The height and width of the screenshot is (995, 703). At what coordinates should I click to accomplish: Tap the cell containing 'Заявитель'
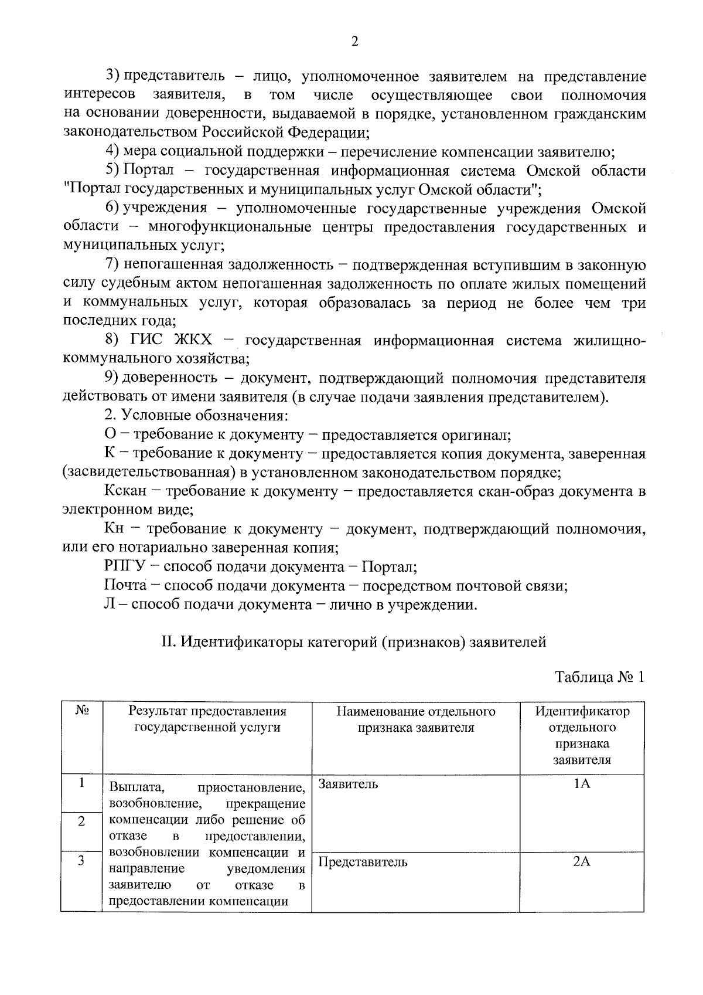[x=348, y=784]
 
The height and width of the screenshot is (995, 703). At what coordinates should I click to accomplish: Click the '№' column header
[x=81, y=711]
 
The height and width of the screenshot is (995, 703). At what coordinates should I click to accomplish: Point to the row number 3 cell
[x=81, y=861]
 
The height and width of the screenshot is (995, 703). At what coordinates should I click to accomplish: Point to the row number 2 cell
[x=81, y=821]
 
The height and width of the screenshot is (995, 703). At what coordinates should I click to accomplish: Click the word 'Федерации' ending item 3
[x=324, y=133]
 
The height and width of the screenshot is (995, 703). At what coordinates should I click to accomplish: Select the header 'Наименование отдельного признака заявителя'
[x=415, y=719]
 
